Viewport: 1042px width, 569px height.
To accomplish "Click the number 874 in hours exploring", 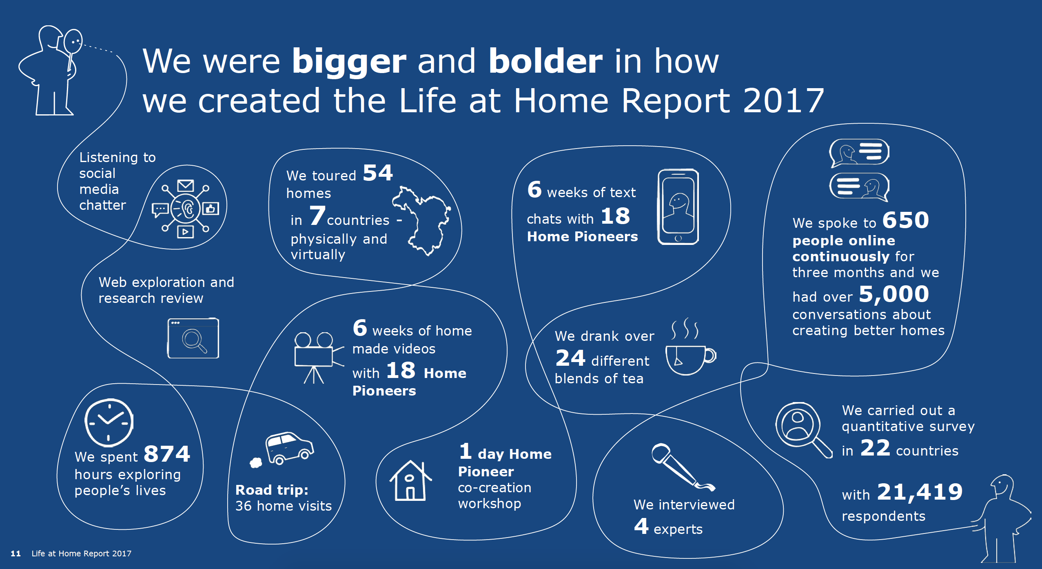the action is pos(167,453).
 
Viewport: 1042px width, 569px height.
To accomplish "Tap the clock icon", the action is pos(109,422).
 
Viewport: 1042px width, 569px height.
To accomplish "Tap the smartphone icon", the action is pos(678,207).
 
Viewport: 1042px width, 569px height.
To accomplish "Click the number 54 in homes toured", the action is pos(378,173).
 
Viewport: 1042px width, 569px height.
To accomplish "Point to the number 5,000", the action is pos(894,294).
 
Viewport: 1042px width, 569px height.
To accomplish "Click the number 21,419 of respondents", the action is pos(920,492).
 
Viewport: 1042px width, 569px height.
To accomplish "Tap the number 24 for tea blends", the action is pos(570,358).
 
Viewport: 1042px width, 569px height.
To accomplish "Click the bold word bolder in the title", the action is pos(545,61).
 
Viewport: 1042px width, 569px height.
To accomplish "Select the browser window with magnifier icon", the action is pos(193,338).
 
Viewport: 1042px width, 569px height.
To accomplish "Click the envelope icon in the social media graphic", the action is pos(186,186).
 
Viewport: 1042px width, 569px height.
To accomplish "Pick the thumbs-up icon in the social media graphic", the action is pos(211,209).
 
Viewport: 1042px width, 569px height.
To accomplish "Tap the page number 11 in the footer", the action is pos(16,553).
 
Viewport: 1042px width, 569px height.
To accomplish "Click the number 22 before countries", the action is pos(875,448).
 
